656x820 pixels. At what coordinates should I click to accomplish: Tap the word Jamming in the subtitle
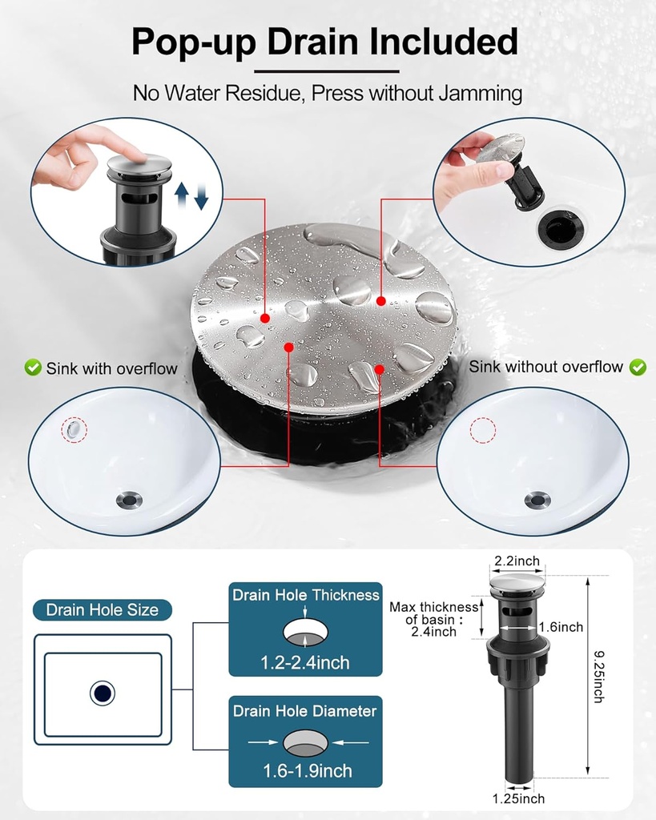[481, 94]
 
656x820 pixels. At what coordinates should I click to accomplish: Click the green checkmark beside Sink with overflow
[33, 368]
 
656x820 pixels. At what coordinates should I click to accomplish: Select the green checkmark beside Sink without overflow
[638, 367]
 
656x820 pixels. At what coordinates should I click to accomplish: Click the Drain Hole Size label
[102, 609]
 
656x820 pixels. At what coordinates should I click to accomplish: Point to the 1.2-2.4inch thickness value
[305, 662]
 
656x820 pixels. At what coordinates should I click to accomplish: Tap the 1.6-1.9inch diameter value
[307, 770]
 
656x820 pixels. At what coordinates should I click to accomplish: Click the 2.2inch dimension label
[517, 561]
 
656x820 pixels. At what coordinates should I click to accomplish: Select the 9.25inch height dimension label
[599, 676]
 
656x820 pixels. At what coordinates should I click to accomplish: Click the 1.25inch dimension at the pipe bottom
[518, 798]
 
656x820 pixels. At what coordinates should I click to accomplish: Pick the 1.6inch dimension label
[561, 626]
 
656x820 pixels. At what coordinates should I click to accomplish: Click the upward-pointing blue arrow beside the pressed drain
[182, 196]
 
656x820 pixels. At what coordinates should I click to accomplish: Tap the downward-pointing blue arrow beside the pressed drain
[201, 196]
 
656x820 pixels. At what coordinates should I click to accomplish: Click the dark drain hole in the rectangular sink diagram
[103, 693]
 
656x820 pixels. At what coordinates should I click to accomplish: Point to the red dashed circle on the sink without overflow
[482, 430]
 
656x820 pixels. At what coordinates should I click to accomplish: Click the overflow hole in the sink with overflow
[74, 429]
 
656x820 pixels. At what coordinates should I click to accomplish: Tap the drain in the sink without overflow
[537, 500]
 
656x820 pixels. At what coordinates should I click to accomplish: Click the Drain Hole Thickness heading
[305, 595]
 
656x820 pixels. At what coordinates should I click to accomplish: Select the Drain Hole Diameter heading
[305, 711]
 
